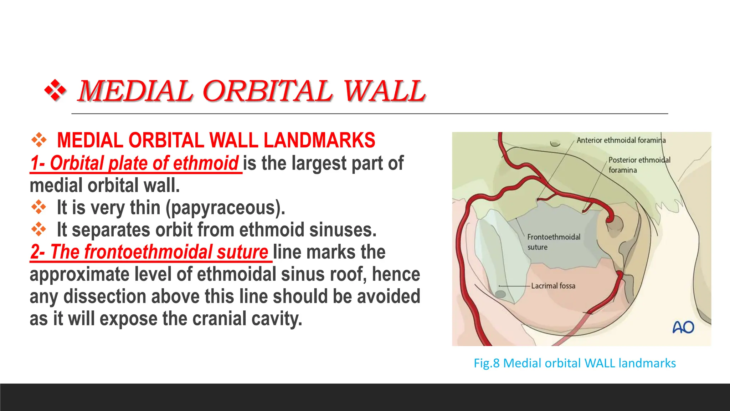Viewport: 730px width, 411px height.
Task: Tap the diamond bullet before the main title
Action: click(x=55, y=91)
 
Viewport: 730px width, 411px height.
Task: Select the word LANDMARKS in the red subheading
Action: click(x=319, y=140)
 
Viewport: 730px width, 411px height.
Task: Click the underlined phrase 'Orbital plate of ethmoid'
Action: click(x=144, y=163)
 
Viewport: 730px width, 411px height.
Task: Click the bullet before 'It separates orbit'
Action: click(x=38, y=229)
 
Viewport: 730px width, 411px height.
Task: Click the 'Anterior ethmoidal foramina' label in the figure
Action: click(x=621, y=140)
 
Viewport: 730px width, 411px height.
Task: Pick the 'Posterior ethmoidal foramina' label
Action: click(x=639, y=164)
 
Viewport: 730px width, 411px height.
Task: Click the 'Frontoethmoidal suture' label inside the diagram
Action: click(x=553, y=242)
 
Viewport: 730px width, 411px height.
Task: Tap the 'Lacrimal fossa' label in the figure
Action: click(x=553, y=286)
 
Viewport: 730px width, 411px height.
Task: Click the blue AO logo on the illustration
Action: click(x=683, y=327)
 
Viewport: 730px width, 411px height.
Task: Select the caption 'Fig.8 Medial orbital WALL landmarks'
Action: click(x=574, y=363)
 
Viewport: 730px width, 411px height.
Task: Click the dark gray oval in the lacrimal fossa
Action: click(x=500, y=294)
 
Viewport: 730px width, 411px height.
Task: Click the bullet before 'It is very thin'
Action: click(x=38, y=207)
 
